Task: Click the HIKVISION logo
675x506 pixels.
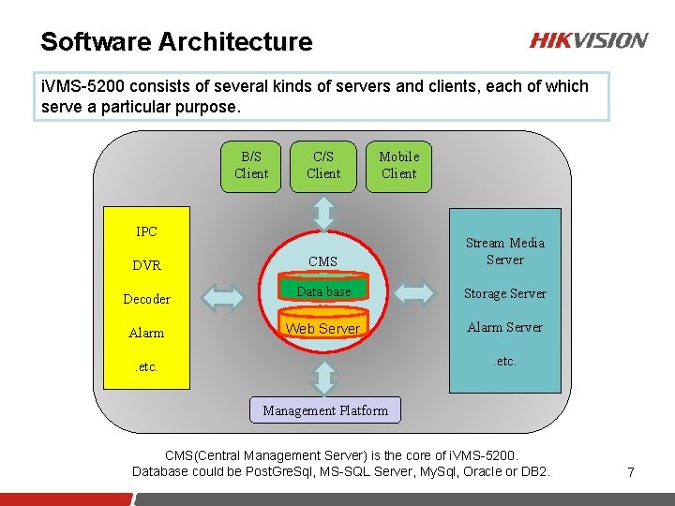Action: [588, 40]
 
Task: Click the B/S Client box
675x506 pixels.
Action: [251, 165]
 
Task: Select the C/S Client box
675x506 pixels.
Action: [323, 165]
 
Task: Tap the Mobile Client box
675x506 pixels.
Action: [398, 165]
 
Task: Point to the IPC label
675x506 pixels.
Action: [146, 231]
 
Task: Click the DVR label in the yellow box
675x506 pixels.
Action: [146, 265]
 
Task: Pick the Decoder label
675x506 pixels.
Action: [146, 299]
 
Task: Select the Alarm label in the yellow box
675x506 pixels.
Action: [146, 333]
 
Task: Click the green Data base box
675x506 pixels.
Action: [323, 291]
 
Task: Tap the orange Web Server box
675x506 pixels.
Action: [322, 328]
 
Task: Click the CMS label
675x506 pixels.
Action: [322, 261]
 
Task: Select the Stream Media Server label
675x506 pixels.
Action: [504, 251]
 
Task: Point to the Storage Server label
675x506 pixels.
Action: [504, 293]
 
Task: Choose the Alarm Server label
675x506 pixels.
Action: [504, 327]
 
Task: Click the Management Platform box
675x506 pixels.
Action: [324, 410]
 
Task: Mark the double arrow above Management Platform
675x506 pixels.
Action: [324, 378]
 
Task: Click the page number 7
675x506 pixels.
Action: [630, 472]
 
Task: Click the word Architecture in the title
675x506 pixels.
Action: [235, 42]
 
